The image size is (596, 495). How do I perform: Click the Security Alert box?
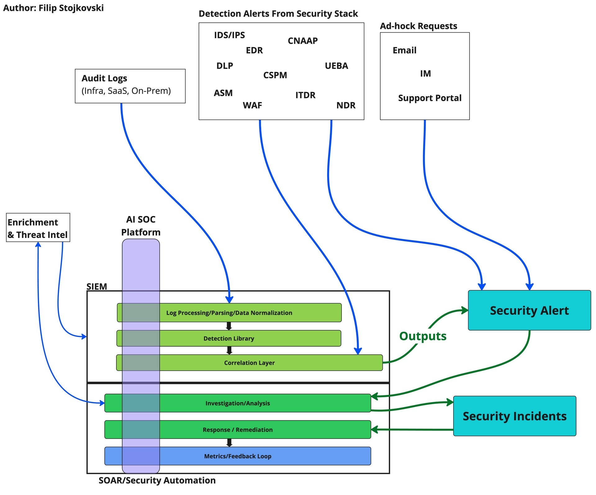tap(529, 310)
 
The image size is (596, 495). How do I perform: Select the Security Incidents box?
tap(515, 416)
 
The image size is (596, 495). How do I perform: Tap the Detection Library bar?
tap(229, 338)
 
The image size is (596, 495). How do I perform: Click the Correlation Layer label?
tap(249, 363)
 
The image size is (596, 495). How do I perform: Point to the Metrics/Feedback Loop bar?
tap(238, 456)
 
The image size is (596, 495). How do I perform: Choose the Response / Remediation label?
tap(238, 430)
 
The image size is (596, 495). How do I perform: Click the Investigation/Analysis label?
tap(238, 403)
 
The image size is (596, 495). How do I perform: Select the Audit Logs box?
tap(130, 86)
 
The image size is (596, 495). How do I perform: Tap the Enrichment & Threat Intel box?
tap(38, 227)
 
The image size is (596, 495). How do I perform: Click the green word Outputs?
tap(423, 336)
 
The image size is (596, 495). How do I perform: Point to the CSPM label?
tap(275, 75)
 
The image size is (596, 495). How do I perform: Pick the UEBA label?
tap(336, 66)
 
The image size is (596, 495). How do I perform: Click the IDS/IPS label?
tap(229, 35)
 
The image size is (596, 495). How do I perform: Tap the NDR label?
tap(346, 105)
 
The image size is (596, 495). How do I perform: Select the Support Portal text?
tap(430, 98)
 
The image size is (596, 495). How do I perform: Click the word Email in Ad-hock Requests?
tap(404, 50)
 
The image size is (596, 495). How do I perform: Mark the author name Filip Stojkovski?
tap(71, 8)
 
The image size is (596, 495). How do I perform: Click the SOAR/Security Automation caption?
tap(157, 480)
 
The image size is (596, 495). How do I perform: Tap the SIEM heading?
tap(97, 286)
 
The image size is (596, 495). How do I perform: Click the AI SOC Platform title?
tap(141, 226)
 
